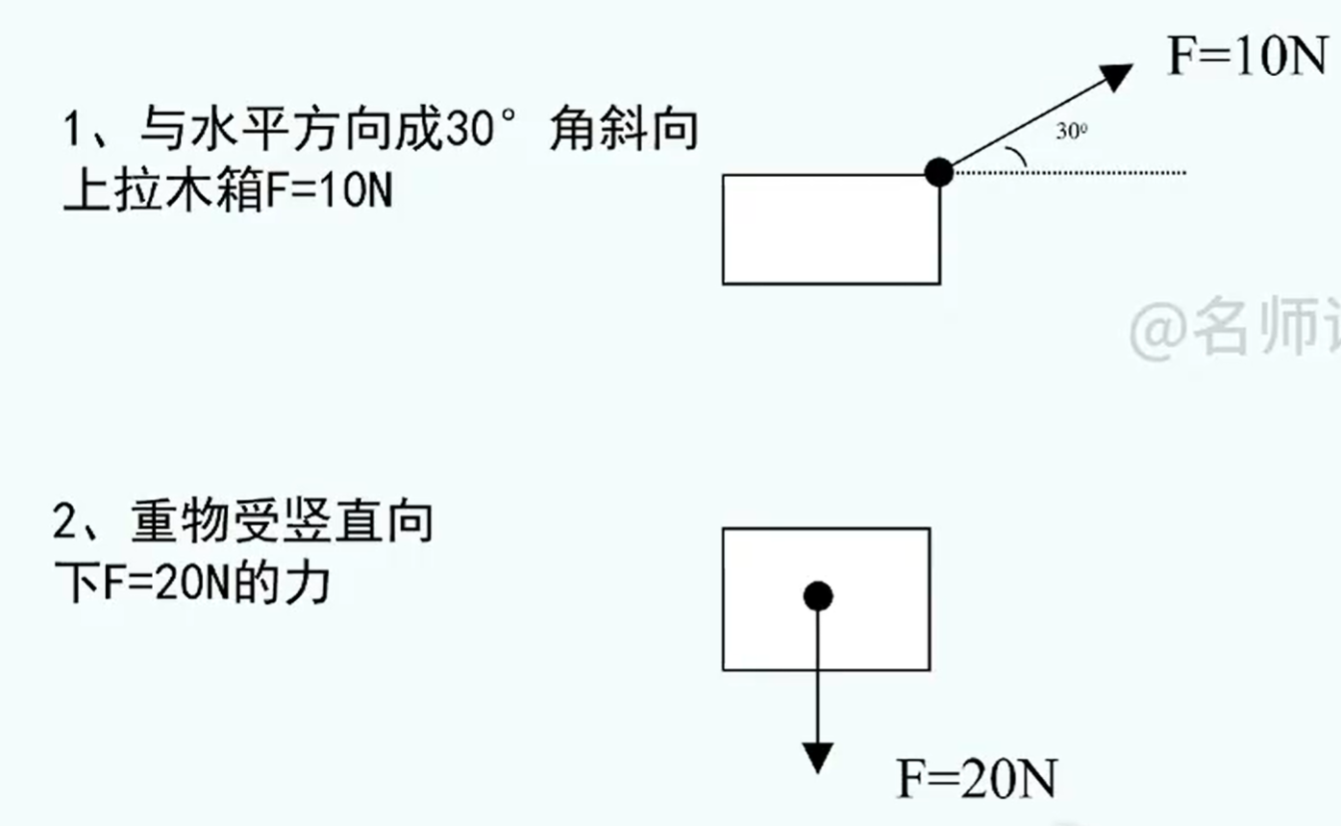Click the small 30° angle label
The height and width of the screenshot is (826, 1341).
(1072, 133)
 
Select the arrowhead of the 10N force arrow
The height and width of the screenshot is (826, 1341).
(1117, 74)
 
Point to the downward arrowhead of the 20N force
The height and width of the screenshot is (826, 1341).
(817, 757)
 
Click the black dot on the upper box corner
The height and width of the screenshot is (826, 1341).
(938, 172)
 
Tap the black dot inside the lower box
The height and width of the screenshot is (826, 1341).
(817, 596)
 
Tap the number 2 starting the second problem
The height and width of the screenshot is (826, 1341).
(67, 525)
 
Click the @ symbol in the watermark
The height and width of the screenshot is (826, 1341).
(1159, 330)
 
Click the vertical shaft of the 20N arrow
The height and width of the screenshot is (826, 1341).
(817, 673)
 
